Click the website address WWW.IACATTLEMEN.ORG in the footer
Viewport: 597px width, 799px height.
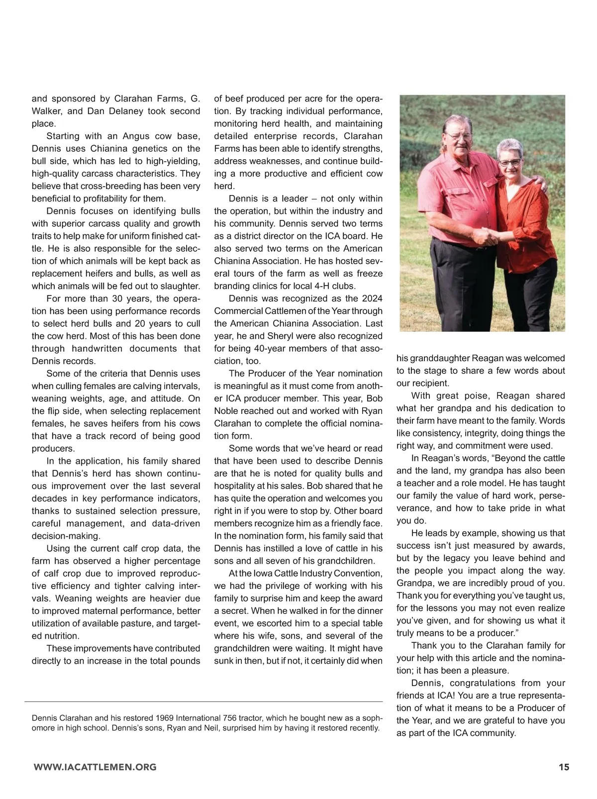tap(95, 767)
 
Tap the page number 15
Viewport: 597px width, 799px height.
tap(564, 767)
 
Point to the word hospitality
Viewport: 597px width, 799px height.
tap(236, 486)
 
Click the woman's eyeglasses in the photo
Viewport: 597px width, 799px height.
tap(510, 162)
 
